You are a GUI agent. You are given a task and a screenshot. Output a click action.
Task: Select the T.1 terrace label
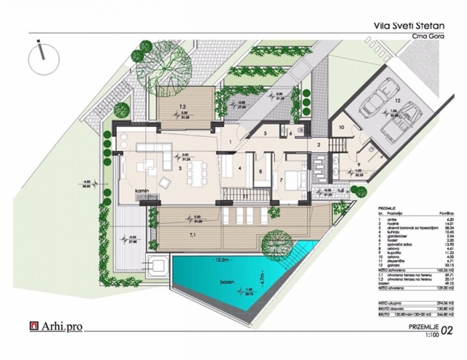(193, 235)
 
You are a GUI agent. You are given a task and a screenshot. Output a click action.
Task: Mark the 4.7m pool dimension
(263, 278)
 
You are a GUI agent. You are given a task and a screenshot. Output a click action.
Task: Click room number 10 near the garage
(341, 127)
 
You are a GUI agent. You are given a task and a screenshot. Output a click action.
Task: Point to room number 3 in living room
(179, 168)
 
